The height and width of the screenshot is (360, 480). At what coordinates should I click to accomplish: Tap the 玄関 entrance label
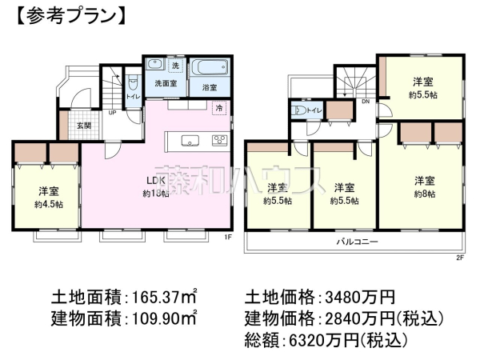[83, 125]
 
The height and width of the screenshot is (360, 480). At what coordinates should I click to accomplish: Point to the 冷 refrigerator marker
[218, 106]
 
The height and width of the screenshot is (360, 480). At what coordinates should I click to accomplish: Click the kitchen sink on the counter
[191, 141]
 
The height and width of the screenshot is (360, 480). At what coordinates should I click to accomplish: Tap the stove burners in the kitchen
[218, 141]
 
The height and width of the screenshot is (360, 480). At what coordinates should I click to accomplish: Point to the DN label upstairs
[365, 102]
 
